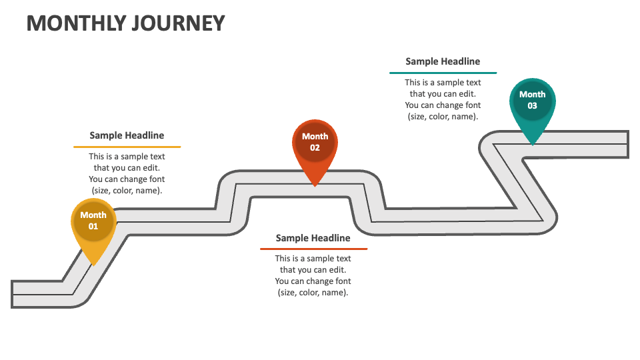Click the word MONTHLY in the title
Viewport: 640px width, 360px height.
click(73, 23)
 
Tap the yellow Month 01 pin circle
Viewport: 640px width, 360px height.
click(93, 221)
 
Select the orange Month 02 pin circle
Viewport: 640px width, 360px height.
click(315, 142)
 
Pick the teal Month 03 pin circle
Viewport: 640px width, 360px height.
click(532, 100)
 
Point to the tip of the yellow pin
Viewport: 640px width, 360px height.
click(93, 265)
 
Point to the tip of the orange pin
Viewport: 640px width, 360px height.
click(315, 186)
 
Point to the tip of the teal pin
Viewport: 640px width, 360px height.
click(532, 144)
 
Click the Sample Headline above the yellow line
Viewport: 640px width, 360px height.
click(127, 135)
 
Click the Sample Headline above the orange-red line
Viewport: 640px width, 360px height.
click(313, 238)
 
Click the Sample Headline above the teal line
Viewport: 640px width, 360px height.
click(443, 61)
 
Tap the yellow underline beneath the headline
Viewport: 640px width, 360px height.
click(127, 147)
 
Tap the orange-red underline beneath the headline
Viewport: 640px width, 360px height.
click(313, 249)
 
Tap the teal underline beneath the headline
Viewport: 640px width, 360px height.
click(443, 73)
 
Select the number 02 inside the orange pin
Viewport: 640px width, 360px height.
click(315, 147)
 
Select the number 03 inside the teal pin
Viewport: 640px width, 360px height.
click(532, 105)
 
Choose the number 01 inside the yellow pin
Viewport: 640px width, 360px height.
click(93, 226)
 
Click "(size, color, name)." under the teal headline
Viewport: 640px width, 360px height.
click(443, 116)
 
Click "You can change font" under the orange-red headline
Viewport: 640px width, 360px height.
click(313, 281)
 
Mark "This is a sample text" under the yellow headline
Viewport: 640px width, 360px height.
click(127, 157)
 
